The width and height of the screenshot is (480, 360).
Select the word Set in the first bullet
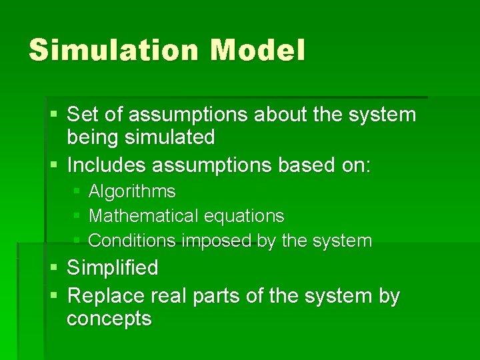pos(83,115)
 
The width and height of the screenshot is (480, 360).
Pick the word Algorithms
pos(132,192)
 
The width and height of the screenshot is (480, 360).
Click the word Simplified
pos(113,268)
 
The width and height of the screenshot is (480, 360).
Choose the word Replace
pos(107,296)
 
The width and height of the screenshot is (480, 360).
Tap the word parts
pos(218,296)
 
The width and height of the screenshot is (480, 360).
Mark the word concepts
pos(109,319)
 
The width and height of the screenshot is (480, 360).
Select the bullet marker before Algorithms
pos(77,192)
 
